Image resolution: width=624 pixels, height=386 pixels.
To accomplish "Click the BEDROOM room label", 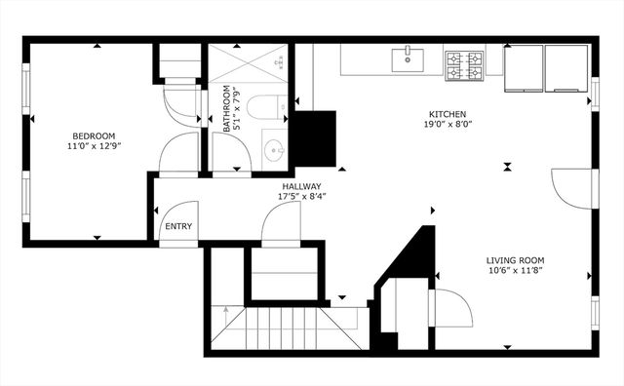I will point(94,135).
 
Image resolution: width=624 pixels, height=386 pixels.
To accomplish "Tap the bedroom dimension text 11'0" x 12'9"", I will point(94,145).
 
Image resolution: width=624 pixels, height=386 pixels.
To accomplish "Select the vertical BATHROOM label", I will point(226,109).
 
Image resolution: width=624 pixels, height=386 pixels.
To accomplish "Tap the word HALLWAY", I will point(302,186).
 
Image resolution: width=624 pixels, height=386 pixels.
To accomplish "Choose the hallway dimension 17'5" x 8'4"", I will point(302,196).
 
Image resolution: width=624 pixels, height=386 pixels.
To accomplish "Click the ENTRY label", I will point(178,227).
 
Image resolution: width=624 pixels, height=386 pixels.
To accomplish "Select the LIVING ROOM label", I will point(516,260).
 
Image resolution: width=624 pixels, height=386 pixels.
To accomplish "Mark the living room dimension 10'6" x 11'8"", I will point(516,271).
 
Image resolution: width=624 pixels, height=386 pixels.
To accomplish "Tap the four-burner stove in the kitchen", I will point(464,64).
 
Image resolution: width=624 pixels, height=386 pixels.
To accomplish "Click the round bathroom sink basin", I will point(274,151).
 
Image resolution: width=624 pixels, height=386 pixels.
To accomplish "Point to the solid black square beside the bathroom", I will point(315,137).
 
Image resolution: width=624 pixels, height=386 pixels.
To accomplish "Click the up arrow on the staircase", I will point(225,313).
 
